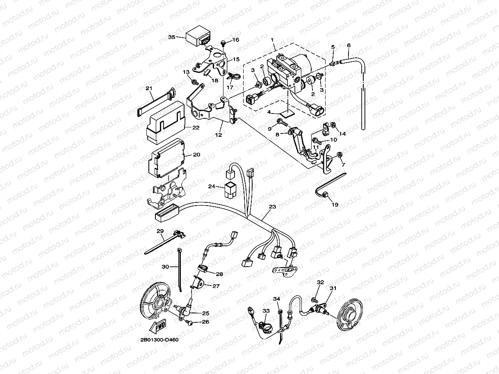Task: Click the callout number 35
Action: tap(172, 37)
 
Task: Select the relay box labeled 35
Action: tap(199, 36)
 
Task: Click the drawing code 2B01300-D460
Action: tap(159, 340)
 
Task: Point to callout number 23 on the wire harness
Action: tap(272, 206)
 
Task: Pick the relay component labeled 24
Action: tap(230, 190)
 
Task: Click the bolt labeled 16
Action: tap(223, 43)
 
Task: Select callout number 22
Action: tap(196, 128)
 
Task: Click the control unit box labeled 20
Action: tap(166, 158)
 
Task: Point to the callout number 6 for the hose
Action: tap(349, 45)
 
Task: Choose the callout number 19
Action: tap(335, 204)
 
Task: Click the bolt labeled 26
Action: tap(190, 322)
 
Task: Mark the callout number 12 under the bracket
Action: tap(219, 135)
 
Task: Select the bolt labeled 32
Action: tap(315, 300)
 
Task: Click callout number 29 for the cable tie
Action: tap(160, 231)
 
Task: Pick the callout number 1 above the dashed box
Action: tap(272, 40)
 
